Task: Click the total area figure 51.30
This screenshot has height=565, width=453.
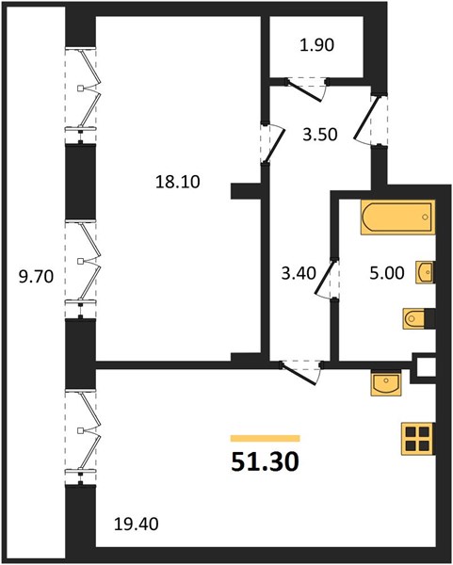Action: [x=265, y=461]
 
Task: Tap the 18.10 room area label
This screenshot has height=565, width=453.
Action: [x=178, y=182]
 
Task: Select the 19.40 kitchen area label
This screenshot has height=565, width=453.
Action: [x=137, y=524]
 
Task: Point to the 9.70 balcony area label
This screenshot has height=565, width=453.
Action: [x=36, y=277]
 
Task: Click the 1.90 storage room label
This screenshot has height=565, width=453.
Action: [x=317, y=45]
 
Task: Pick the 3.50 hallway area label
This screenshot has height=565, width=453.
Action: [x=320, y=135]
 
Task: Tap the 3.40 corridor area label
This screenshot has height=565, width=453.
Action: [x=299, y=273]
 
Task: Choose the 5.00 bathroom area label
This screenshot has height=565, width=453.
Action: [x=387, y=273]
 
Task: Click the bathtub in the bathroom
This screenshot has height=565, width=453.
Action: [x=397, y=218]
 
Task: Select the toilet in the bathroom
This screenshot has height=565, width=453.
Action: [x=413, y=318]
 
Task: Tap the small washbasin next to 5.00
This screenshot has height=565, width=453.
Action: [x=425, y=272]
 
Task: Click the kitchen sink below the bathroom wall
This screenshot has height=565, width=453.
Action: [x=385, y=383]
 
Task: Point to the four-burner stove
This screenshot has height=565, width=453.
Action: [x=417, y=438]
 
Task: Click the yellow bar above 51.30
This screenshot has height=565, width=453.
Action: [x=266, y=438]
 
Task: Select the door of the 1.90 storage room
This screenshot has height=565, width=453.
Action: [x=306, y=89]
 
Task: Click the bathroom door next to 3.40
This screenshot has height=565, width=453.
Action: [x=327, y=279]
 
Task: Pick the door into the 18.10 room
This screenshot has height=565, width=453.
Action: [x=273, y=143]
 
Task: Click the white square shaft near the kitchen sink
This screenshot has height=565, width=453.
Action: [x=427, y=367]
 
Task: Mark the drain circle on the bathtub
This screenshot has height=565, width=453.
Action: [x=426, y=217]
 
